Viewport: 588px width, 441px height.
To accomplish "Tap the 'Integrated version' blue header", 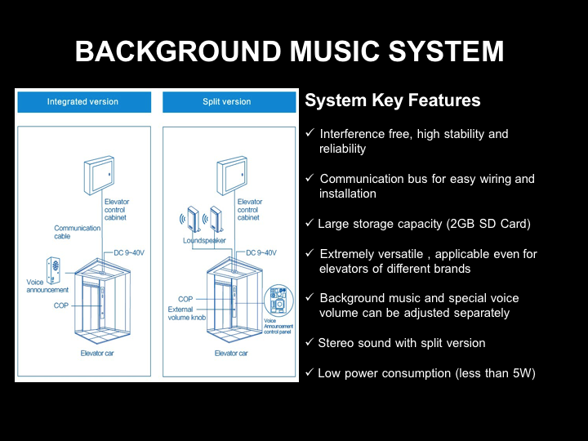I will click(x=82, y=102).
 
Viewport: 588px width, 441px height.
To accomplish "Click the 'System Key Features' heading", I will click(x=393, y=101).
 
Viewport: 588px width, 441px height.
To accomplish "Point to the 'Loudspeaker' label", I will click(x=204, y=241).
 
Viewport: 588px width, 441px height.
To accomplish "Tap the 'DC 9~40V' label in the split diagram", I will click(x=261, y=252).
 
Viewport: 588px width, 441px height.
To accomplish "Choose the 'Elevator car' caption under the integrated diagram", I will click(x=98, y=354).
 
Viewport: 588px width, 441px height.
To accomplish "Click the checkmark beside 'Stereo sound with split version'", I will click(x=310, y=343).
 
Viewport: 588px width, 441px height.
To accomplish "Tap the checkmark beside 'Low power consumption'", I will click(x=310, y=373).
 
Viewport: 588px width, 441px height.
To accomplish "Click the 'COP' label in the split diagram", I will click(x=185, y=300).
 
